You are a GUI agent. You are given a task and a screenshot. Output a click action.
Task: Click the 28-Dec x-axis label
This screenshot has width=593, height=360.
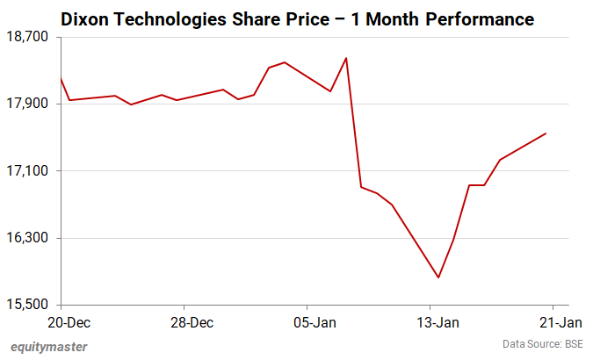(x=191, y=322)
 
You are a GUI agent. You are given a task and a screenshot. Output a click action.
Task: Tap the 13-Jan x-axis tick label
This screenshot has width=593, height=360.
(x=436, y=322)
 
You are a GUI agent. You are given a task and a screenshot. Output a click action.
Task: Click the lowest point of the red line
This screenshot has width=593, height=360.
(x=438, y=277)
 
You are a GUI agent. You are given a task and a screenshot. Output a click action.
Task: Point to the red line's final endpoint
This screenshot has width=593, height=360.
(x=546, y=133)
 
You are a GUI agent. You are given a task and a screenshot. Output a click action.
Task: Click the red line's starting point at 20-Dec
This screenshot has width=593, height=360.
(x=61, y=78)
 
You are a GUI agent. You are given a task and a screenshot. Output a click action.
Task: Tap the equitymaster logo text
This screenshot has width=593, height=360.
(x=49, y=346)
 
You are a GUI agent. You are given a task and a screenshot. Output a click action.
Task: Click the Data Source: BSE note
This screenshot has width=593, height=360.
(x=543, y=343)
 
